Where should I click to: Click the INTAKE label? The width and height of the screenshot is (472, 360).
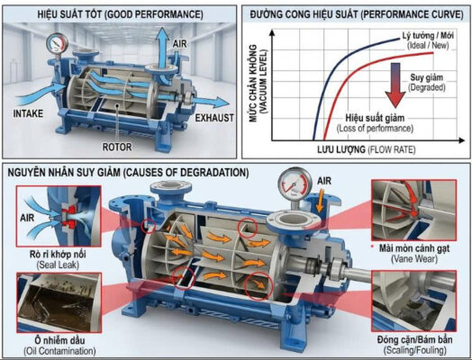pos(28,113)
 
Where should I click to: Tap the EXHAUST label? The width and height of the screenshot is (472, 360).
pos(214,118)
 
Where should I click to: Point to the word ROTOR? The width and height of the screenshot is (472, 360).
pos(117,147)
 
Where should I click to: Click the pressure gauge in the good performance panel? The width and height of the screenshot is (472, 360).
pos(57,43)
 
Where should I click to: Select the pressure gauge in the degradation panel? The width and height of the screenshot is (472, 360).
pos(295,184)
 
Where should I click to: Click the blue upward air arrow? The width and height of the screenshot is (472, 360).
pos(163,48)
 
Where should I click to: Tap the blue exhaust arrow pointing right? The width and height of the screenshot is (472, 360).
pos(211,103)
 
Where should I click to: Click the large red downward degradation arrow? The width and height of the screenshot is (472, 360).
pos(395,85)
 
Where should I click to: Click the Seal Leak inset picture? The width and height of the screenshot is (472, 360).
pos(59,216)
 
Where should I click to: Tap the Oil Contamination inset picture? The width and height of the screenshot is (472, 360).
pos(59,302)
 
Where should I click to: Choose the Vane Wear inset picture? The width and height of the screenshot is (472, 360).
pos(414,210)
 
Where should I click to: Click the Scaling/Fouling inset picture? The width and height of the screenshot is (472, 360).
pos(414,301)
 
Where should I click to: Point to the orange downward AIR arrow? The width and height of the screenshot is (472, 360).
pos(321,200)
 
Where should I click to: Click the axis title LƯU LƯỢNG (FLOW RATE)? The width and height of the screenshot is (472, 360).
pos(366,149)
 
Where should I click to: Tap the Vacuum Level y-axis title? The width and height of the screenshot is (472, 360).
pos(259,84)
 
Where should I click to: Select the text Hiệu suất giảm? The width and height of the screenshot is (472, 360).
pos(375,118)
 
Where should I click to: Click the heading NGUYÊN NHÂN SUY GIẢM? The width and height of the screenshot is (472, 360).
pos(64,173)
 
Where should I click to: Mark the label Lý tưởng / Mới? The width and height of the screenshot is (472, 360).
pos(428,36)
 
